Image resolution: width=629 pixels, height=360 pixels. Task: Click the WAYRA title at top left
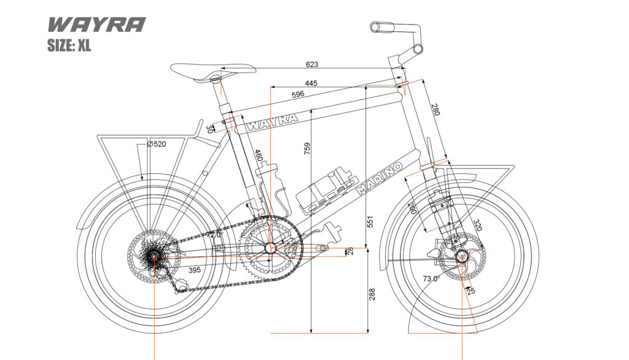pos(96,25)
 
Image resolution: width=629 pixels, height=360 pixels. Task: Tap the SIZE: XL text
pos(69,45)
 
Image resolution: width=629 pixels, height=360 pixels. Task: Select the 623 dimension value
pos(313,64)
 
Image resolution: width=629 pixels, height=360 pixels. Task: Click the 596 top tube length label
pos(298,95)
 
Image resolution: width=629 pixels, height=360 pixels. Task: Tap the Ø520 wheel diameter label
pos(157,144)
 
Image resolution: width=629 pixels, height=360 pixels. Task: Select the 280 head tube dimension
pos(435,110)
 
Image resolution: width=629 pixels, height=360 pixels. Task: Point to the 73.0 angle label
pos(431,278)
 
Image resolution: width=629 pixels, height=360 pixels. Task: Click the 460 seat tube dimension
pos(259,156)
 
